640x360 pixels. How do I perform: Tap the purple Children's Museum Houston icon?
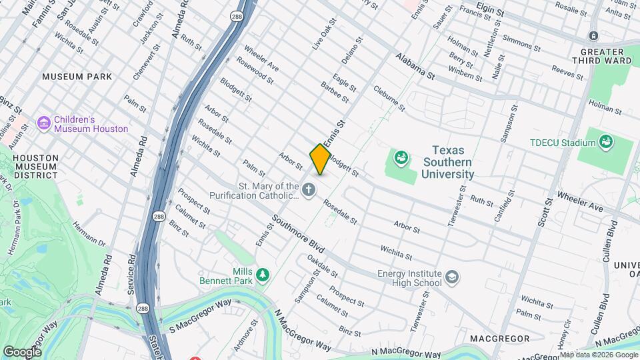44,123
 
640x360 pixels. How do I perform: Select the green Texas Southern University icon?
401,158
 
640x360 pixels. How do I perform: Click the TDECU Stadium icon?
606,141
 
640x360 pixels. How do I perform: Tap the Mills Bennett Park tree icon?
263,275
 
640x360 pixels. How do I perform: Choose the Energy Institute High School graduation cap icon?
453,277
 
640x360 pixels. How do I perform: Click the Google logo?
22,351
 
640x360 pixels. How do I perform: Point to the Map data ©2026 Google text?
598,354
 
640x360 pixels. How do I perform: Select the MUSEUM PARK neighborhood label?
77,77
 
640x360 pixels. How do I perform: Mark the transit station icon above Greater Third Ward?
593,35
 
